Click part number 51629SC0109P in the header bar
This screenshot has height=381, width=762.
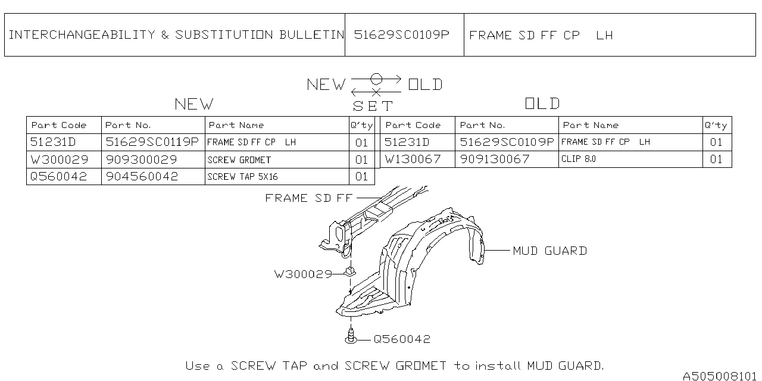[x=401, y=35]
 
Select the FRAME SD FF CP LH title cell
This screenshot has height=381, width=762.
[x=541, y=35]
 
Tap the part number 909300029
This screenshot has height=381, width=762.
[x=141, y=160]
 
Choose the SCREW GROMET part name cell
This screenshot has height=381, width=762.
[x=239, y=160]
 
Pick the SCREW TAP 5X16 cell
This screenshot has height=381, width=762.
[x=242, y=177]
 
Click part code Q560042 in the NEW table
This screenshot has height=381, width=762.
[x=58, y=177]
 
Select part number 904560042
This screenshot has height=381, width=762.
[x=142, y=177]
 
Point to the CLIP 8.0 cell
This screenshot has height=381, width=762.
[x=578, y=159]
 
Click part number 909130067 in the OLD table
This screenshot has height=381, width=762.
[x=494, y=159]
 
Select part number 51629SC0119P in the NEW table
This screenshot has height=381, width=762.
[x=152, y=142]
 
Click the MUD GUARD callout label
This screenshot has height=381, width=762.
[x=549, y=251]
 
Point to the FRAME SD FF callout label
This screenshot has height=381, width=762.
[x=308, y=198]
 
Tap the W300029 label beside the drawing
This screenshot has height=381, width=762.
[x=302, y=274]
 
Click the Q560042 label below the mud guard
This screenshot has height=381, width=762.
[x=401, y=339]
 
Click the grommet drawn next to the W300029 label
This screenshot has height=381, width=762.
[x=350, y=271]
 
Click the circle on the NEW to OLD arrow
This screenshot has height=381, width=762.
[x=376, y=79]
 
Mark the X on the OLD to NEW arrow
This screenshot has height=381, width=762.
[x=376, y=92]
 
